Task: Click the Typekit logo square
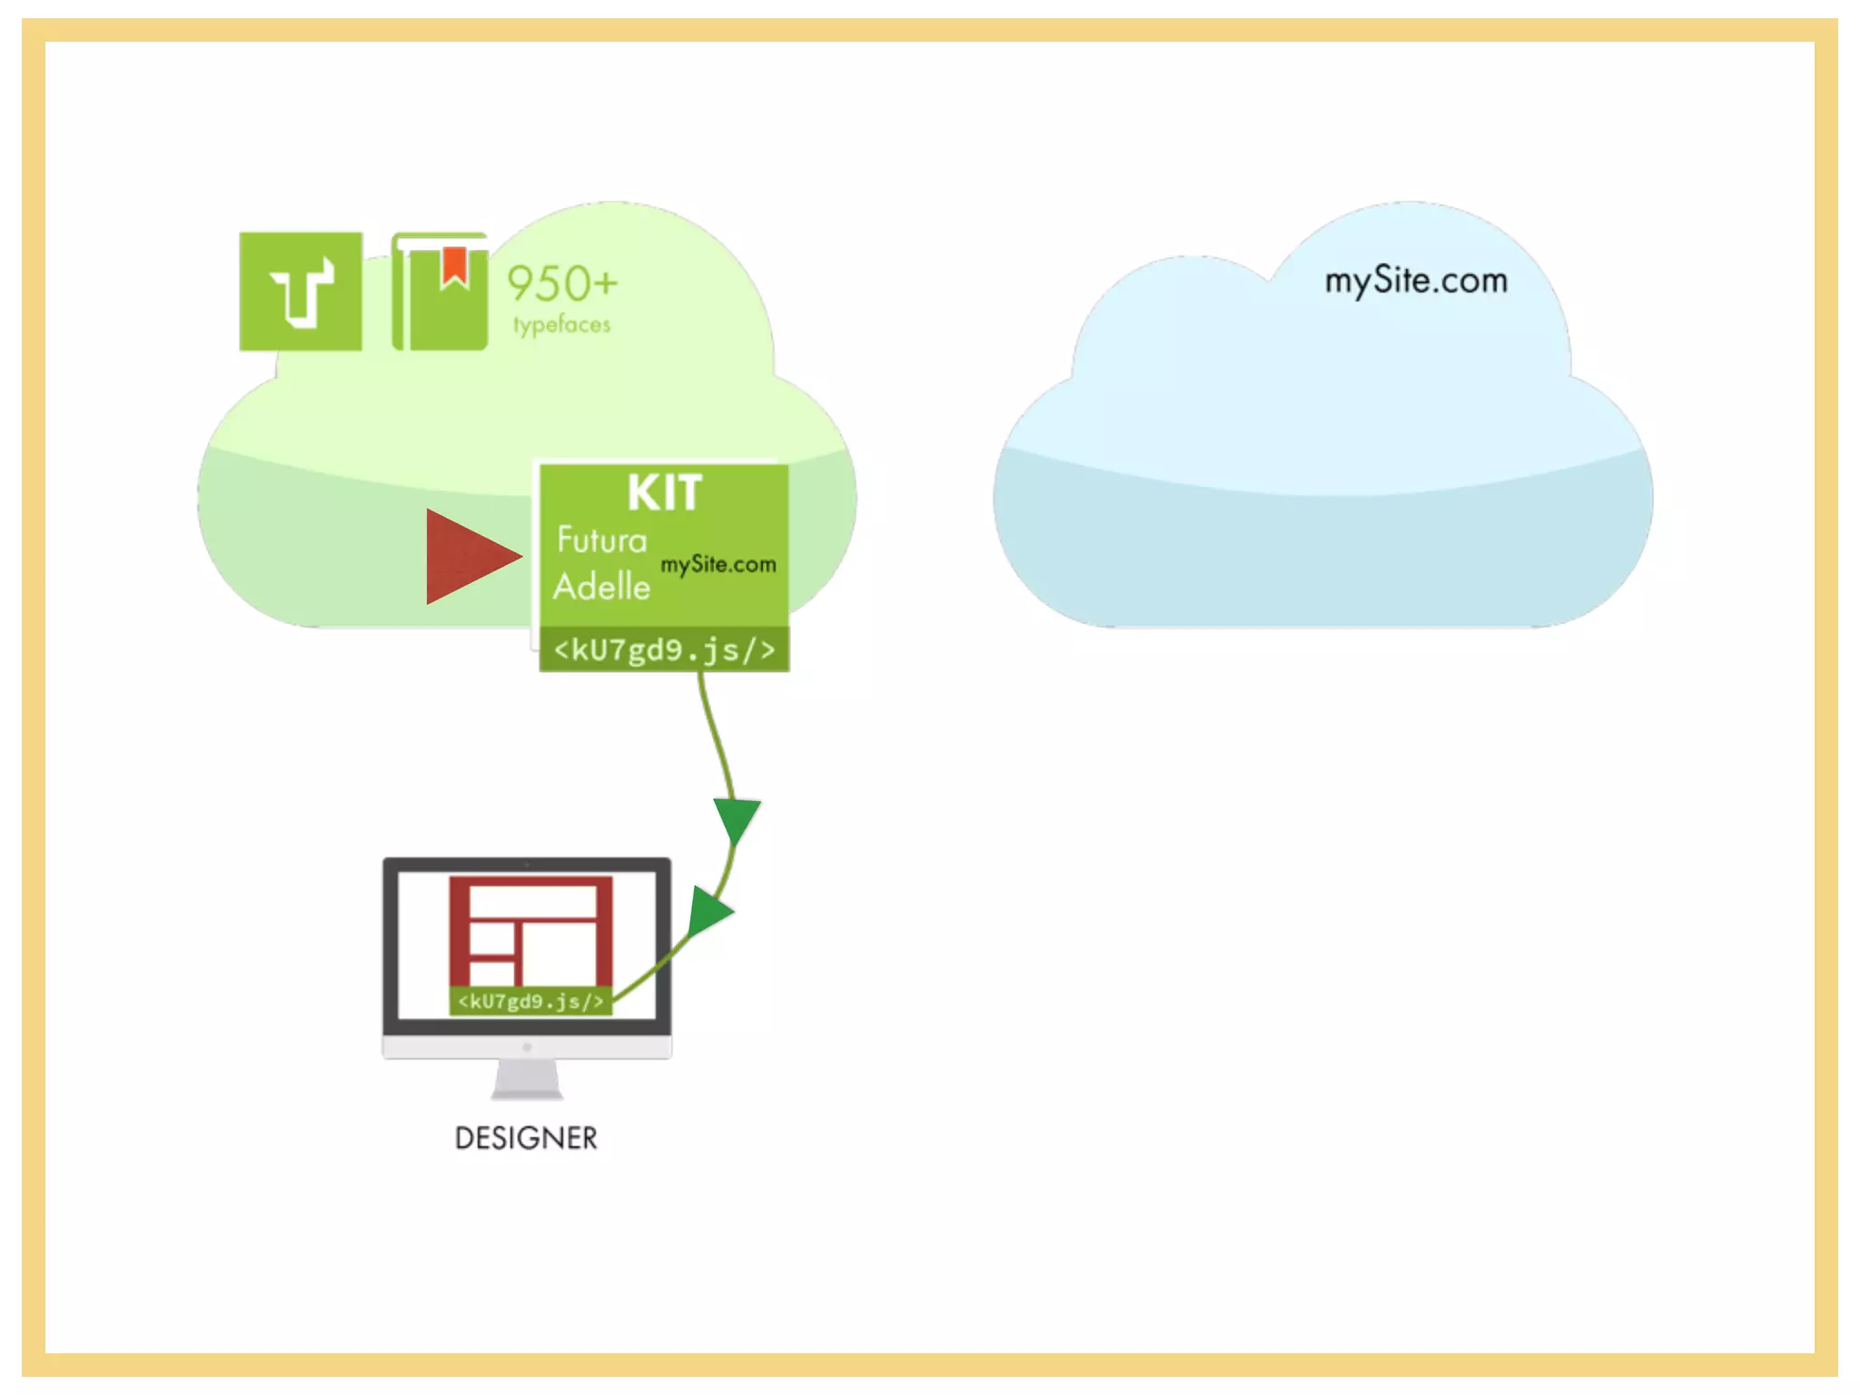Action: [301, 292]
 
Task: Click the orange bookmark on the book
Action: [454, 265]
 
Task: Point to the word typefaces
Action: [561, 324]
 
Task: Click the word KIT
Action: [665, 494]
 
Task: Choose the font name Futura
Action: [601, 540]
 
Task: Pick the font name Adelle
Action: [601, 587]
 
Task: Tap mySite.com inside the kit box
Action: [717, 565]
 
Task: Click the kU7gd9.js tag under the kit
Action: [665, 650]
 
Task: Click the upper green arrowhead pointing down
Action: [737, 818]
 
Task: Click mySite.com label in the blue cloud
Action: [1415, 281]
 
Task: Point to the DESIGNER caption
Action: [526, 1138]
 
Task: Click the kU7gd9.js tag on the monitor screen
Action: [530, 1001]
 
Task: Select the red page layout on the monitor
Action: [530, 931]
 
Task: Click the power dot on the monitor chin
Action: [527, 1047]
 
